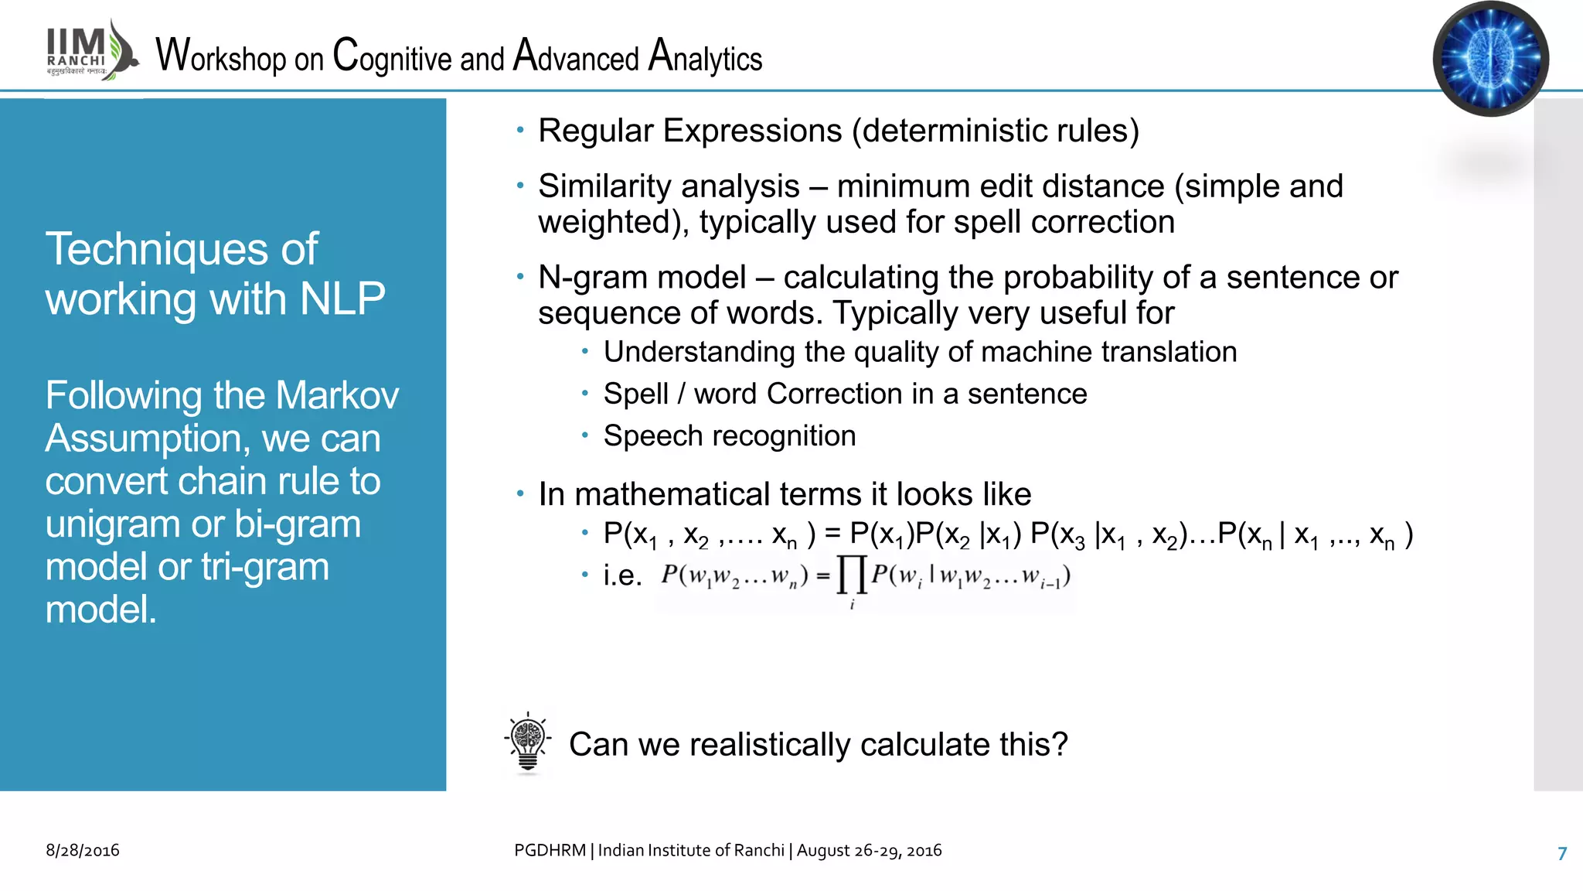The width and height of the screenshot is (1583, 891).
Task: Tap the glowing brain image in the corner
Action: tap(1490, 59)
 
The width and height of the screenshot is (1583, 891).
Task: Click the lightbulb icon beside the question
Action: tap(528, 743)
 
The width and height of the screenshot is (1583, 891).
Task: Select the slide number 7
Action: tap(1562, 853)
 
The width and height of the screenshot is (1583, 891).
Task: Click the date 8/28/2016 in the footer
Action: tap(83, 850)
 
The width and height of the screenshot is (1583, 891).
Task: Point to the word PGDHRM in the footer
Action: tap(550, 850)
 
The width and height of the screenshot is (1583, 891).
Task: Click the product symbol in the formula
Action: tap(851, 576)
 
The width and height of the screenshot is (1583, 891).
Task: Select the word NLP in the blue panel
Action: tap(342, 299)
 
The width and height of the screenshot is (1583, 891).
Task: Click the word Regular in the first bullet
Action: tap(595, 131)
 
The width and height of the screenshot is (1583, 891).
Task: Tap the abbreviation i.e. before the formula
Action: tap(623, 575)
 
